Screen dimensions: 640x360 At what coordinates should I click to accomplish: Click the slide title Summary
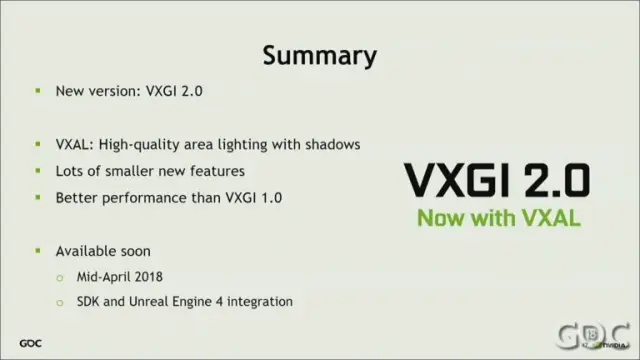(x=320, y=56)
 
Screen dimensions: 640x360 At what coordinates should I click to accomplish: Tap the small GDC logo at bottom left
(x=30, y=343)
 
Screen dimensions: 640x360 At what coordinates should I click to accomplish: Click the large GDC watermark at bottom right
(x=594, y=336)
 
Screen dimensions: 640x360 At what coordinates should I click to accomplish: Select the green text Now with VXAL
(x=499, y=218)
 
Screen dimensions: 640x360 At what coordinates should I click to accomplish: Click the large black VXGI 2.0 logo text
(x=497, y=180)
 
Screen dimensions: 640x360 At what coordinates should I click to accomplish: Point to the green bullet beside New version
(x=38, y=91)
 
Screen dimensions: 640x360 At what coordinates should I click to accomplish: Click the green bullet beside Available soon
(x=38, y=251)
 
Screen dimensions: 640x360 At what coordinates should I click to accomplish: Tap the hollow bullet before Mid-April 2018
(x=60, y=278)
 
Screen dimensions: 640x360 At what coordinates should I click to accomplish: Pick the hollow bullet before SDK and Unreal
(x=60, y=302)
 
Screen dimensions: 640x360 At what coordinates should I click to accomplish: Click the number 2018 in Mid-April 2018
(x=149, y=277)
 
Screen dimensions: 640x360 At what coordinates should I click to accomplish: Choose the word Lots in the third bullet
(x=69, y=171)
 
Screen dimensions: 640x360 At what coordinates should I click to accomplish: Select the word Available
(x=84, y=251)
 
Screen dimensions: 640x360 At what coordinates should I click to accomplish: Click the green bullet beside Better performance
(x=38, y=198)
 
